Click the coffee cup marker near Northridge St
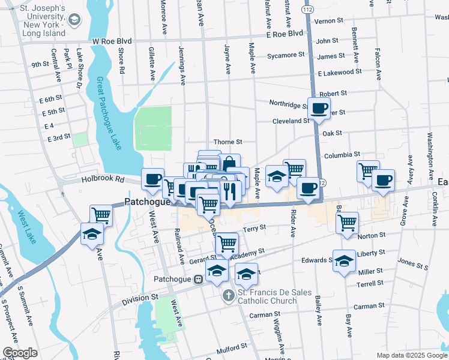[319, 108]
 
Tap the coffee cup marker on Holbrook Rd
[152, 178]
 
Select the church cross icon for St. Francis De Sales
[228, 295]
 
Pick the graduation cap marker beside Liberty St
[344, 261]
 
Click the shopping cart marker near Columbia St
[368, 170]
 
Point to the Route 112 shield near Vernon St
[307, 10]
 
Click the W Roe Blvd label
[112, 41]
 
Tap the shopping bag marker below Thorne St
[229, 164]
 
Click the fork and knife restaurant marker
[229, 191]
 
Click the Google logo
[20, 353]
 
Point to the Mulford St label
[232, 347]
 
